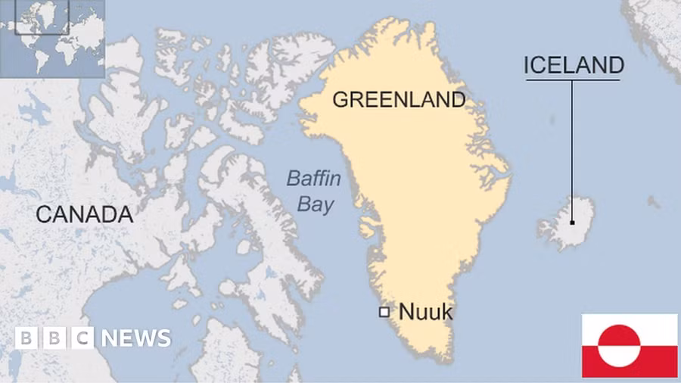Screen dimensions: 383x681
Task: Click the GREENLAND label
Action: (399, 99)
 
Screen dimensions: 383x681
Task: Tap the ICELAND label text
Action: (574, 65)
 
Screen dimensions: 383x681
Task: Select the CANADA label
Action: (84, 214)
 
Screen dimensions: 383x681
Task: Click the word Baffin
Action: (314, 179)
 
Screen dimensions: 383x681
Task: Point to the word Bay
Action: (315, 204)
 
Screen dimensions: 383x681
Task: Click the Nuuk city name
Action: (425, 311)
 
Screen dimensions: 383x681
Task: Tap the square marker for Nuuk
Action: (384, 312)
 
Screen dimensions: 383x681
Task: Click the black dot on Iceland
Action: (572, 223)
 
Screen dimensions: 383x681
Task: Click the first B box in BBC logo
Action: (25, 338)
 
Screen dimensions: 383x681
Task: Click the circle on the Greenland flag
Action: (618, 346)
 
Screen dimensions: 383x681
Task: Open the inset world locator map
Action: (53, 38)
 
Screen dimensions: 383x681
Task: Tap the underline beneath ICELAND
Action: (574, 79)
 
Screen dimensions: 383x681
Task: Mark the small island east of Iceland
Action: (653, 202)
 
